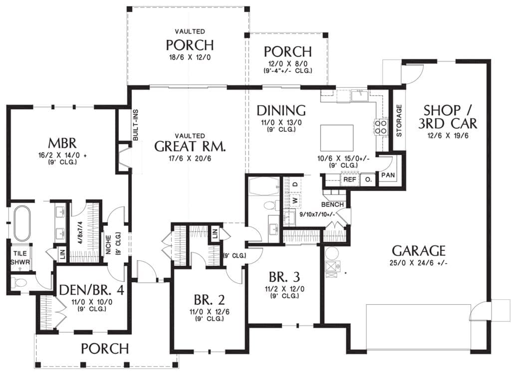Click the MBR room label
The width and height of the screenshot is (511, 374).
click(x=62, y=143)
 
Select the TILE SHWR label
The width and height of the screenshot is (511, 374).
click(x=20, y=258)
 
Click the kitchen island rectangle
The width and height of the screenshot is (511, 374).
click(x=337, y=137)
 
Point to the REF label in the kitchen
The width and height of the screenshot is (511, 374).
click(x=350, y=180)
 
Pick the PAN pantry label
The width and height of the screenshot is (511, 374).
click(x=388, y=175)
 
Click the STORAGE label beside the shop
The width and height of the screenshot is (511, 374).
click(x=399, y=121)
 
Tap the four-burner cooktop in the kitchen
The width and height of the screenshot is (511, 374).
click(x=381, y=127)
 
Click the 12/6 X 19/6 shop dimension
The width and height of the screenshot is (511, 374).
click(x=448, y=136)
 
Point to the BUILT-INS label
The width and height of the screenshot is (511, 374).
click(x=136, y=125)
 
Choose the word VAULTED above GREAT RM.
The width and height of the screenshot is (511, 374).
click(x=190, y=136)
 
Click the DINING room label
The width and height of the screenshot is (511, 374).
click(x=281, y=110)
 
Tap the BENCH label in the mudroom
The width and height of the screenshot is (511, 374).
click(x=332, y=204)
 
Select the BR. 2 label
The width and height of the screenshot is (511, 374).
click(x=209, y=299)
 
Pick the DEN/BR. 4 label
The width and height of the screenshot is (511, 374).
click(x=92, y=290)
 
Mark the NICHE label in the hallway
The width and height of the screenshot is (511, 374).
click(x=108, y=245)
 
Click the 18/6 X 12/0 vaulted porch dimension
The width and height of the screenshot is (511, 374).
click(x=190, y=58)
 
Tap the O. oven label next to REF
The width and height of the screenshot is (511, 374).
click(x=368, y=180)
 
